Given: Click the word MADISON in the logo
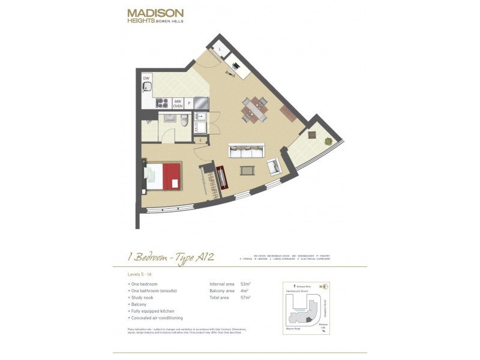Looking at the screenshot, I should coord(155,13).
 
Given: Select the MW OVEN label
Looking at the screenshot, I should coord(178,103).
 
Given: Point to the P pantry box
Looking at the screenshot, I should coord(189,103).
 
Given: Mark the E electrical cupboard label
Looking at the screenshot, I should coord(200,140).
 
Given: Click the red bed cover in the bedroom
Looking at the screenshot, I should coord(172,175).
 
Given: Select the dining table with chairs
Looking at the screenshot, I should coord(255,109).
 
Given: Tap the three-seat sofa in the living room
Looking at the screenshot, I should coord(246,151).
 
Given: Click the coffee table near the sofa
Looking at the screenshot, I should coord(247,170).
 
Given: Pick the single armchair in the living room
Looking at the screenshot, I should coord(274,166).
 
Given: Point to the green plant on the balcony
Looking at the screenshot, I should coord(328,142).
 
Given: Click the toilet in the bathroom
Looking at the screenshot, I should coord(185,122).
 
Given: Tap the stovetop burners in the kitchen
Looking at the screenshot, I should coord(162,103).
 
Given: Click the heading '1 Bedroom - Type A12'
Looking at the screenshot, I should coord(171,257).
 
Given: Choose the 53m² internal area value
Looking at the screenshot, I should coord(245,284).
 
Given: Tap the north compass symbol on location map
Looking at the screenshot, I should coord(325,286).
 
